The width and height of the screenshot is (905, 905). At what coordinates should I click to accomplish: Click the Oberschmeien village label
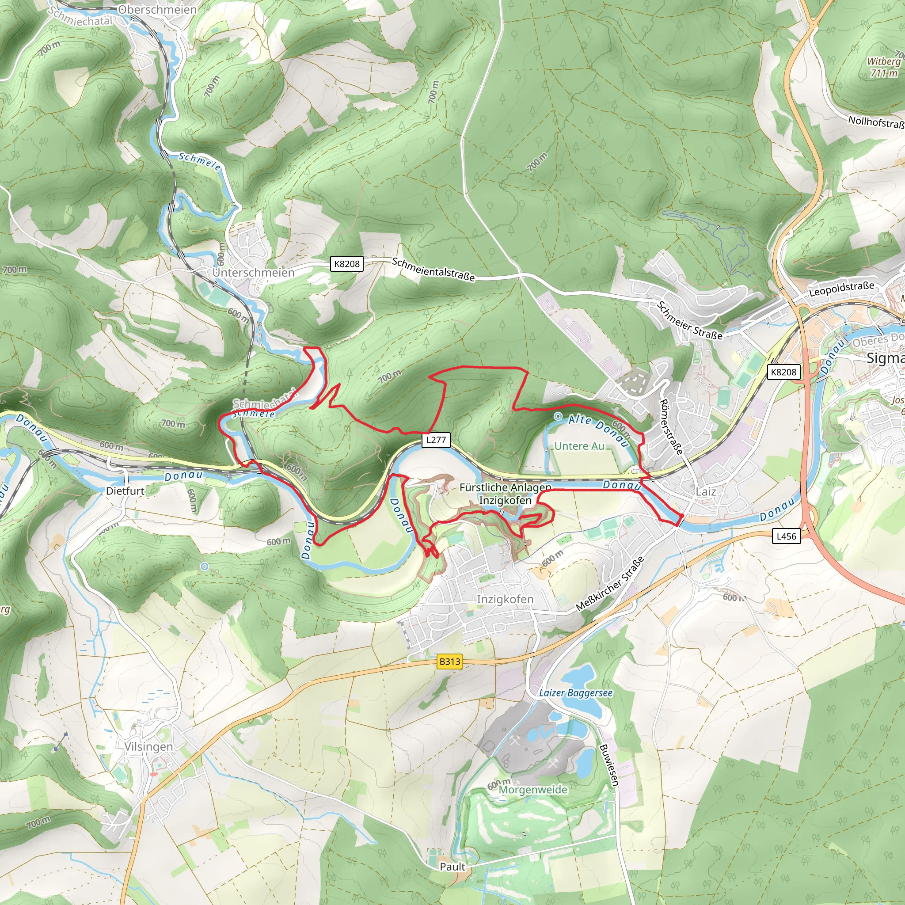(x=157, y=10)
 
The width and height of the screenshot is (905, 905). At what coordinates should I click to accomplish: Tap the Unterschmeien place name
(x=253, y=273)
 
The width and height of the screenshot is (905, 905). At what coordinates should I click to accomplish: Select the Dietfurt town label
(x=125, y=491)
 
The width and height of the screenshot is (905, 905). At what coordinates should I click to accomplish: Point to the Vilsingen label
(x=148, y=747)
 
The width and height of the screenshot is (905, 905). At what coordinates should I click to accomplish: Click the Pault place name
(x=452, y=867)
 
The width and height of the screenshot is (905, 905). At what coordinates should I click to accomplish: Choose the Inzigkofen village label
(x=505, y=599)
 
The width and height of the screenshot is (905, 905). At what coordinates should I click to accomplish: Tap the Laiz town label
(x=705, y=491)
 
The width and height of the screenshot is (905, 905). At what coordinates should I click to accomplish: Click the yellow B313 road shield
(x=450, y=662)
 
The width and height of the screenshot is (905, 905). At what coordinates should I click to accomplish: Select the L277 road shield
(x=436, y=440)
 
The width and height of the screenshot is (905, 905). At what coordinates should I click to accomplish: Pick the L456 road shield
(x=786, y=536)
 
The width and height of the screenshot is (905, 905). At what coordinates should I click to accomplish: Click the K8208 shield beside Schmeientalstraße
(x=346, y=264)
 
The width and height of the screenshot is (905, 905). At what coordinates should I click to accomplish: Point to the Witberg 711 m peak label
(x=883, y=67)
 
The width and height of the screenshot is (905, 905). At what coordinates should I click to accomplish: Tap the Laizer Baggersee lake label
(x=575, y=693)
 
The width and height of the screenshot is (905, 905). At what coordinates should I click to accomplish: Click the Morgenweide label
(x=532, y=789)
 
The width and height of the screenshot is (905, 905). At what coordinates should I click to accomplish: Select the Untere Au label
(x=579, y=446)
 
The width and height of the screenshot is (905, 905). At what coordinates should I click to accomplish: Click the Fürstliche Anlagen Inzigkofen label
(x=505, y=494)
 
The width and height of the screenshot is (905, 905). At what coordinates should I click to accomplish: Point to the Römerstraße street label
(x=671, y=426)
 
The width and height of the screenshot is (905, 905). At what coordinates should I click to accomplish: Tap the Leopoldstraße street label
(x=841, y=289)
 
